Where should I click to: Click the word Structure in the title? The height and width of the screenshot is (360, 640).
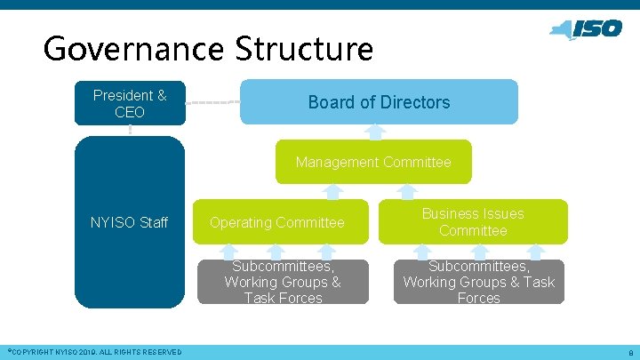[x=304, y=48]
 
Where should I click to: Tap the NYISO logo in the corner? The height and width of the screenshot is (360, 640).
[x=586, y=29]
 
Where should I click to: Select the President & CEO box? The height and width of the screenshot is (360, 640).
[x=130, y=102]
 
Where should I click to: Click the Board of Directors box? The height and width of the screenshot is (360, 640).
[x=379, y=101]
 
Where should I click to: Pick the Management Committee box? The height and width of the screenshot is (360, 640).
[x=373, y=162]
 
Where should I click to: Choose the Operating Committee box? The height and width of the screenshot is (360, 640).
[x=276, y=222]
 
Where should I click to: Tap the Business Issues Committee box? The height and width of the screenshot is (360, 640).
[x=473, y=222]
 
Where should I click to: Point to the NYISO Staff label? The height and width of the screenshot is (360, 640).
[x=130, y=222]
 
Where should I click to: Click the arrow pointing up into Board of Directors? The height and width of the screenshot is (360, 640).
[x=376, y=132]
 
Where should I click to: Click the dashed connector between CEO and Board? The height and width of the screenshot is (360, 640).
[x=212, y=102]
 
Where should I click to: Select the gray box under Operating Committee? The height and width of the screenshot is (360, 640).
[x=282, y=282]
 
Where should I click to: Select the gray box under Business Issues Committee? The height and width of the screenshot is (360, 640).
[x=478, y=282]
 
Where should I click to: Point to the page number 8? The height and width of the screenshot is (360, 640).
[x=629, y=353]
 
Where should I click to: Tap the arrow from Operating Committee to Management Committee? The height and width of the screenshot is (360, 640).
[x=332, y=192]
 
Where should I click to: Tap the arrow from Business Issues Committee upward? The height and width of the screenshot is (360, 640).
[x=407, y=192]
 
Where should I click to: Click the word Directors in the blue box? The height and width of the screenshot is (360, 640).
[x=416, y=102]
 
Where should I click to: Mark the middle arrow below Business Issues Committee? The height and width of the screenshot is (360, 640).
[x=479, y=252]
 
